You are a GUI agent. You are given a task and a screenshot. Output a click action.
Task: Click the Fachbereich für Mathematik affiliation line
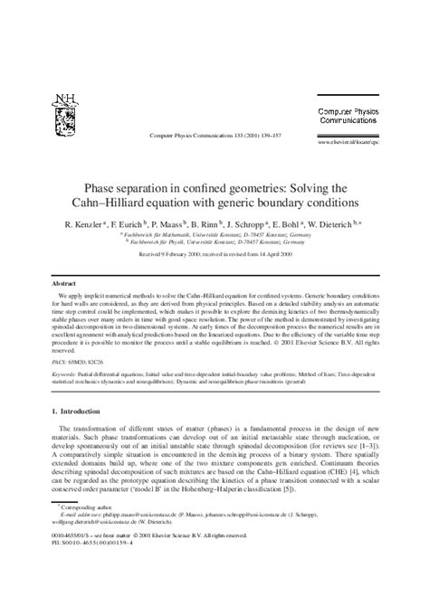[214, 232]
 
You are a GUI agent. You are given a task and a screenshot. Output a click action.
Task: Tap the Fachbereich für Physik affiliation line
[214, 241]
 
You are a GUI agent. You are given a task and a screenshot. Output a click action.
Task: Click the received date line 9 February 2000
[214, 254]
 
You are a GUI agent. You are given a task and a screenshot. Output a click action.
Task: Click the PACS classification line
[80, 359]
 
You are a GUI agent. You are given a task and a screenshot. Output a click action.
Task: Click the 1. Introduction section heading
[83, 411]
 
